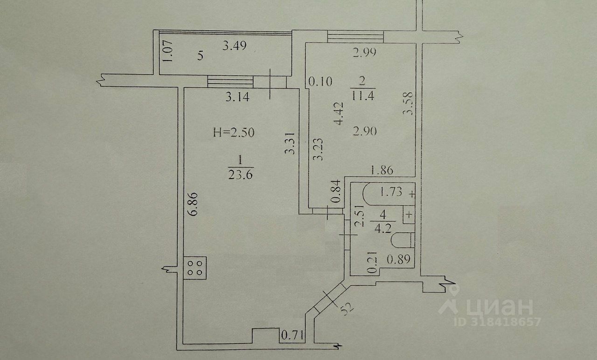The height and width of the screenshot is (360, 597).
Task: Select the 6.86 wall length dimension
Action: pyautogui.click(x=194, y=204)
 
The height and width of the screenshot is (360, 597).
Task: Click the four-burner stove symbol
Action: pyautogui.click(x=195, y=268)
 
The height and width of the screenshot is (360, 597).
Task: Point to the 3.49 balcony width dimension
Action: pyautogui.click(x=234, y=46)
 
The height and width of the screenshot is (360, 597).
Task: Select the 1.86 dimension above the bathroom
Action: pyautogui.click(x=382, y=171)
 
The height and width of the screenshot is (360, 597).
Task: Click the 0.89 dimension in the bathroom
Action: pyautogui.click(x=399, y=259)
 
